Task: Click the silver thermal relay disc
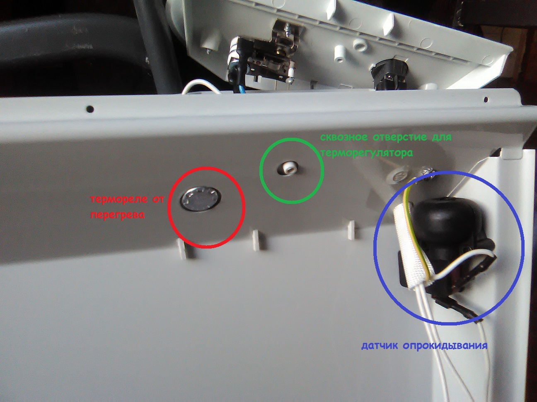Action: point(201,200)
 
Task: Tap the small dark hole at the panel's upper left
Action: point(90,108)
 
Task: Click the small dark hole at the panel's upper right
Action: point(486,99)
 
